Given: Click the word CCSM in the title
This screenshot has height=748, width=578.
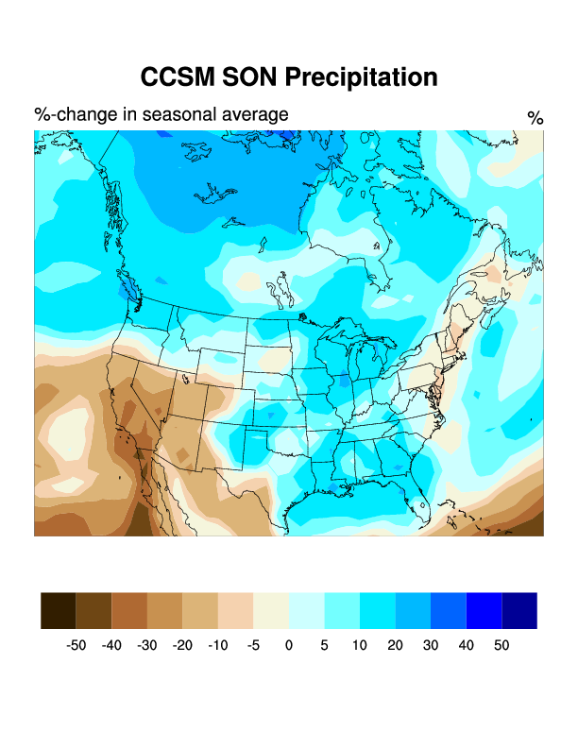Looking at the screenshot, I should point(178,77).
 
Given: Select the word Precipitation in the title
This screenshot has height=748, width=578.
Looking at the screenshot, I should point(363,77).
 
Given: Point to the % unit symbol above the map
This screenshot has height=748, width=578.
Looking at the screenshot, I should point(535,118).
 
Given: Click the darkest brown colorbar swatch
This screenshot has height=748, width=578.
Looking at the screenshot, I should point(59,610).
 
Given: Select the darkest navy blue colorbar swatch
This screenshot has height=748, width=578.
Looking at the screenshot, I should point(519,610).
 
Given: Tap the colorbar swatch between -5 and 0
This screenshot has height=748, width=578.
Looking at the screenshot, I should point(271,610).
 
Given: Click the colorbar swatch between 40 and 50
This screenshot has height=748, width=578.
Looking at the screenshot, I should point(484,610).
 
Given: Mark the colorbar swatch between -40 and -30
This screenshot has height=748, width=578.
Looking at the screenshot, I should point(129,610).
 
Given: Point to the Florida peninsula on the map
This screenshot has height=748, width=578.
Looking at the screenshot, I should point(416,510).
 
